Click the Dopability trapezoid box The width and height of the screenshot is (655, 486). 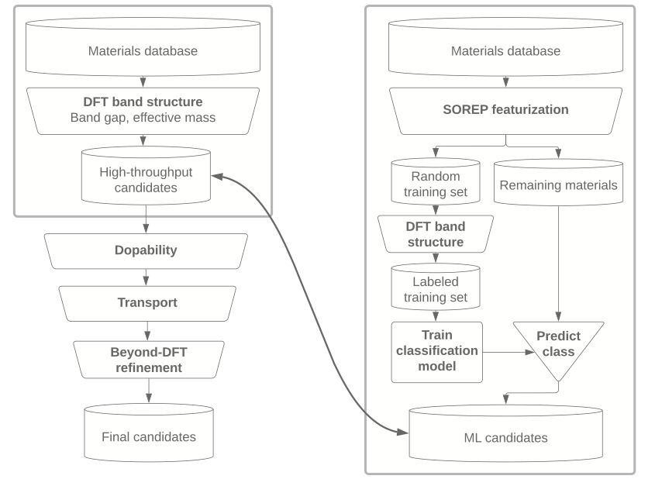pyautogui.click(x=146, y=251)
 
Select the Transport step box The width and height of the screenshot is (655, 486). pyautogui.click(x=147, y=303)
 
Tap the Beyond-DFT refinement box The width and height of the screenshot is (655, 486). pyautogui.click(x=148, y=359)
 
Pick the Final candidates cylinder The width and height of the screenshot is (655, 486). pyautogui.click(x=148, y=434)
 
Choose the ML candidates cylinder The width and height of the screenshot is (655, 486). pyautogui.click(x=505, y=436)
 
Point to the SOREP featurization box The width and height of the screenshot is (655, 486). pyautogui.click(x=505, y=109)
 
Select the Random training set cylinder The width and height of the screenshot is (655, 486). pyautogui.click(x=435, y=184)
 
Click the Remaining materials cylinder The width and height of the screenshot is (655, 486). pyautogui.click(x=558, y=184)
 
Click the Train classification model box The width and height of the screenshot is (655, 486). pyautogui.click(x=437, y=352)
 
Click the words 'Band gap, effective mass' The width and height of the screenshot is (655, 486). pyautogui.click(x=143, y=118)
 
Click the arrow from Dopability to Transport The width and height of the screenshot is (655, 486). pyautogui.click(x=147, y=277)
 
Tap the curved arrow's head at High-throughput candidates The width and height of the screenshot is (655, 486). pyautogui.click(x=218, y=177)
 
